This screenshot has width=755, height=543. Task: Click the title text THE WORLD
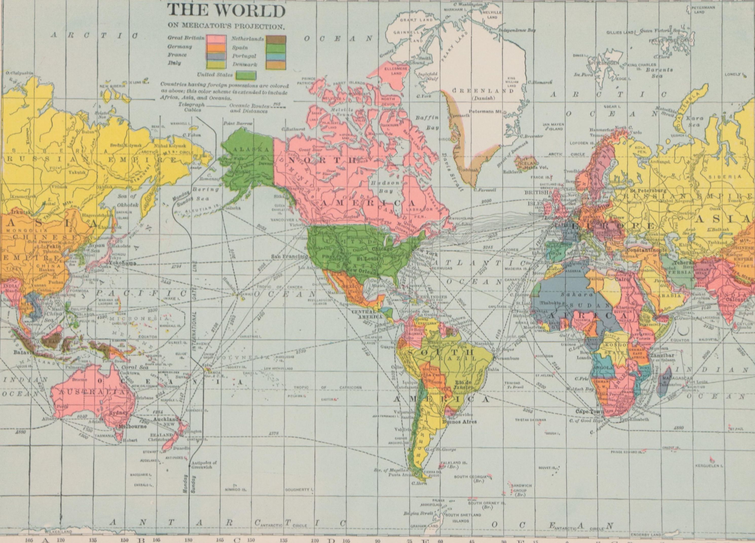pos(226,11)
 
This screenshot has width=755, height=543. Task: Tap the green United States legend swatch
pos(246,76)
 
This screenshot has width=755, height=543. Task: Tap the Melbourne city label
pos(131,426)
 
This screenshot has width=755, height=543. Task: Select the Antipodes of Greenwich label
pos(204,465)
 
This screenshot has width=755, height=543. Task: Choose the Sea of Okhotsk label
pos(127,201)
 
